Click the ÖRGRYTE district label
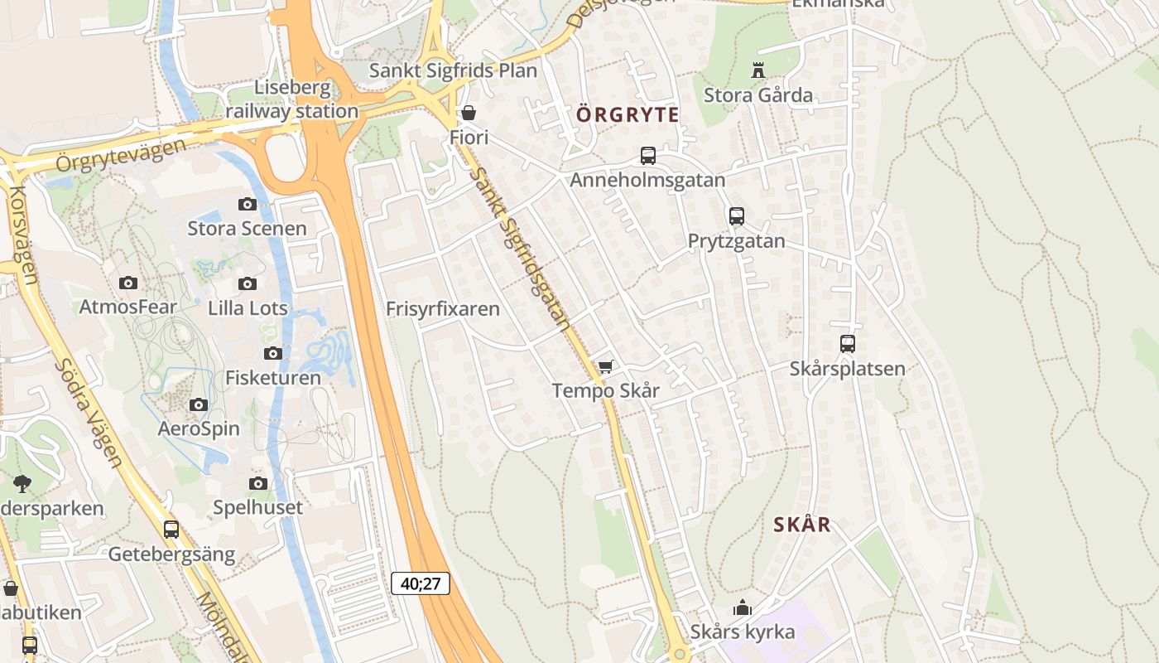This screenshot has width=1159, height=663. [628, 114]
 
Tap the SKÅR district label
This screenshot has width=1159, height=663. [802, 525]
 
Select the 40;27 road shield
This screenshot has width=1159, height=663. [421, 583]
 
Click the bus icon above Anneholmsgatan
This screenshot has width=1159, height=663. [647, 155]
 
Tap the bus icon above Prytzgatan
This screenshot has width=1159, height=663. [736, 216]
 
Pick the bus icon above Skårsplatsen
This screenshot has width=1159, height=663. [847, 343]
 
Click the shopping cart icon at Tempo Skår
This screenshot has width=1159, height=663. [605, 366]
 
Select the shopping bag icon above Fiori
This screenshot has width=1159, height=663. [469, 113]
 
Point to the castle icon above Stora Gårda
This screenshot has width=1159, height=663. [757, 70]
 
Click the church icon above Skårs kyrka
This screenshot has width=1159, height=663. [743, 608]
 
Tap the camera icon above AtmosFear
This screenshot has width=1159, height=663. [127, 283]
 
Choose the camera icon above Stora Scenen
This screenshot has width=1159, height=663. [247, 204]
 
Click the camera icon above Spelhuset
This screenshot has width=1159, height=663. [258, 483]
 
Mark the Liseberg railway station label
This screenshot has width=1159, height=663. [292, 99]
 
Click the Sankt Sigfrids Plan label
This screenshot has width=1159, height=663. [453, 70]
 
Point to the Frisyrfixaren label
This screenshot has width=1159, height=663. [443, 309]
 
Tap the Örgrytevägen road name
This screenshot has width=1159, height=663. [121, 155]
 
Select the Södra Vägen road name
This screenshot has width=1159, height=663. [89, 413]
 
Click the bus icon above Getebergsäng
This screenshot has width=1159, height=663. [171, 529]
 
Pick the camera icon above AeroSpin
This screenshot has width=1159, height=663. [199, 404]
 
